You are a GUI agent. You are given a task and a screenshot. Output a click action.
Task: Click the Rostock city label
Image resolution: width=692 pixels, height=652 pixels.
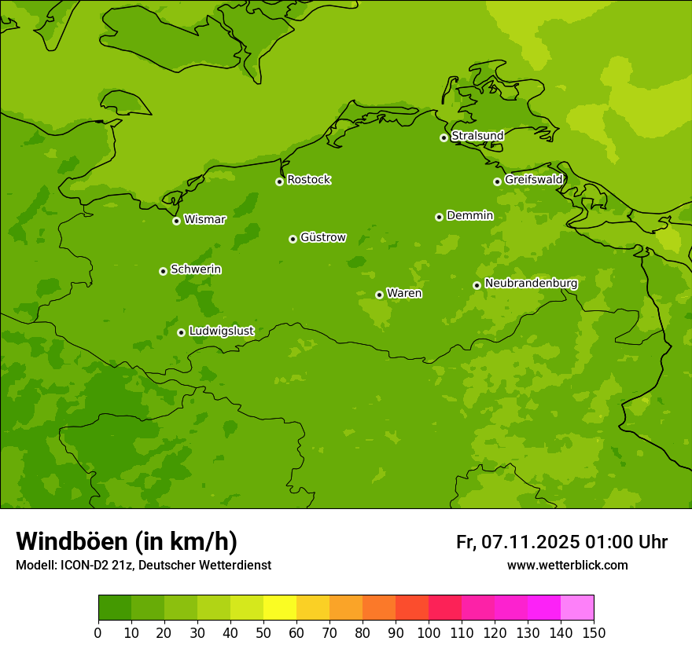308,180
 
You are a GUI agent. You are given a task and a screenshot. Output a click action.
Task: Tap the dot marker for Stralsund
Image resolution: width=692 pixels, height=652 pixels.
444,137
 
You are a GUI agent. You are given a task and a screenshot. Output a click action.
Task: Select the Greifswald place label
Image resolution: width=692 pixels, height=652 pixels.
533,180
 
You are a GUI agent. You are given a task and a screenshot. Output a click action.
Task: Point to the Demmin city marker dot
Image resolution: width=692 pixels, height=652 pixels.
439,217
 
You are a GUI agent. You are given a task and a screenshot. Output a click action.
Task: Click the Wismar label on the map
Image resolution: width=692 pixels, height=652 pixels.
204,220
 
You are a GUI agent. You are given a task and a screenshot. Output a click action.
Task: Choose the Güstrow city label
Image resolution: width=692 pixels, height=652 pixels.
322,237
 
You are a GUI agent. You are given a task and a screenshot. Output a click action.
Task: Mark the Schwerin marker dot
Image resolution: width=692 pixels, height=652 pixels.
163,271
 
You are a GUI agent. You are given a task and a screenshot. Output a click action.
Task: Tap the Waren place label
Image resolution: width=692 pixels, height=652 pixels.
404,294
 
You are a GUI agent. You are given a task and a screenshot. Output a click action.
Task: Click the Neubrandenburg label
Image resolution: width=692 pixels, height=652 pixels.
531,284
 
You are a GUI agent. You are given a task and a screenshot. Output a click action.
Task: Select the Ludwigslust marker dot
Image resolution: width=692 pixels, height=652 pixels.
181,332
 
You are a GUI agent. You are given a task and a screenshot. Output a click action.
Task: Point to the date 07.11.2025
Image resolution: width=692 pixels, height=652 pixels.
531,542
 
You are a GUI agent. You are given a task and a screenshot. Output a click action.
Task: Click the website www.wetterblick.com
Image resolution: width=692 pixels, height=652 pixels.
567,566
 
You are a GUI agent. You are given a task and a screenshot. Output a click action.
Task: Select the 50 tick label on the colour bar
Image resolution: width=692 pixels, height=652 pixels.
263,632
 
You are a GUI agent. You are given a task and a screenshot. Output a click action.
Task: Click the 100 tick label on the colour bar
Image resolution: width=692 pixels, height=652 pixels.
429,632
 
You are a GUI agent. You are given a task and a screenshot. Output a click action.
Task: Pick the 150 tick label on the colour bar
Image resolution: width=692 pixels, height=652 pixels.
594,632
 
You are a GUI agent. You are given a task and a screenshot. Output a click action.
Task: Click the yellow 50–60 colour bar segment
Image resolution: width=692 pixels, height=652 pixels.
280,608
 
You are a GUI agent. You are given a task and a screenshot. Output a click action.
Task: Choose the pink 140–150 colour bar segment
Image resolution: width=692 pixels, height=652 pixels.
577,608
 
